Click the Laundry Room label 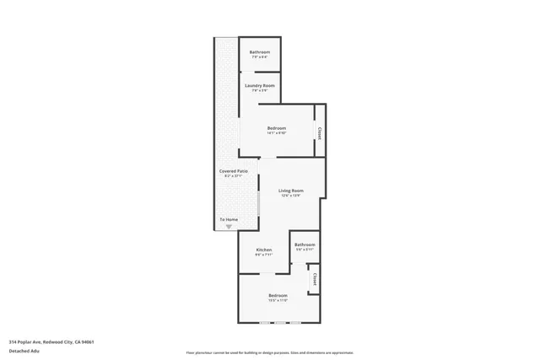[x=260, y=86]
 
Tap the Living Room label [x=291, y=191]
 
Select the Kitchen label [x=264, y=250]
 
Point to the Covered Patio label [x=234, y=171]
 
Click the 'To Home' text [x=229, y=219]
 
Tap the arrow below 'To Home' [x=228, y=226]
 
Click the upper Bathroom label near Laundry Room [x=260, y=52]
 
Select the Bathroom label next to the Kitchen [x=305, y=244]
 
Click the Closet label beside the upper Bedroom [x=319, y=132]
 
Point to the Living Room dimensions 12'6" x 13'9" [x=291, y=196]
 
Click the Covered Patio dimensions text [x=234, y=176]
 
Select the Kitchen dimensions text [x=264, y=255]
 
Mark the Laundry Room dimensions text [x=260, y=90]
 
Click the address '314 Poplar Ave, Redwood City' [x=51, y=341]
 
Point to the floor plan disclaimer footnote [x=269, y=351]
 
